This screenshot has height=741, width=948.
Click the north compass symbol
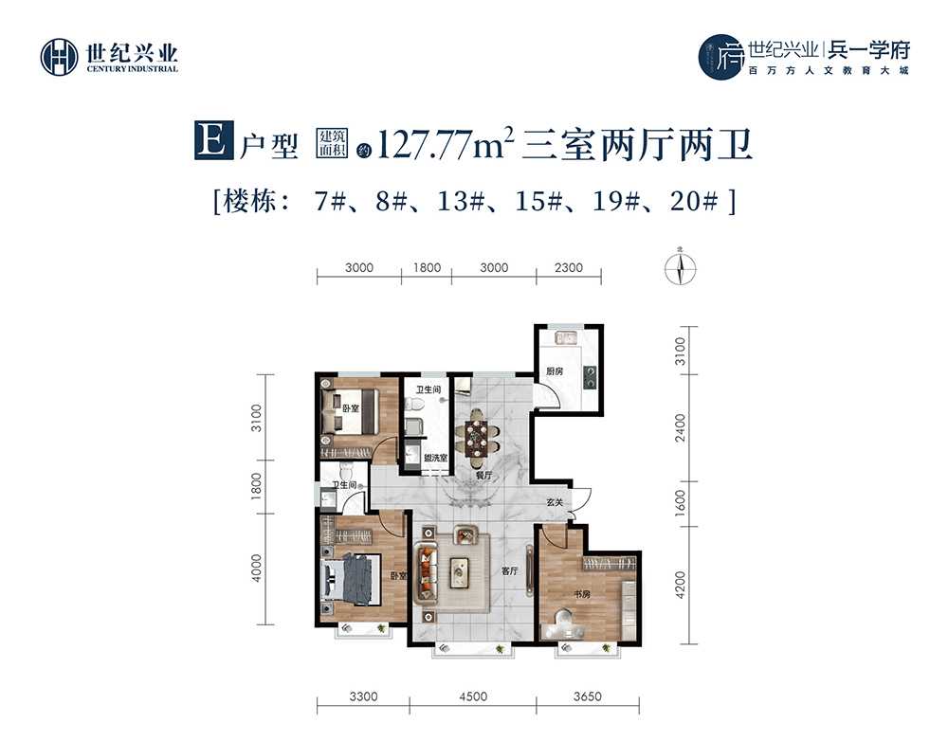tap(680, 268)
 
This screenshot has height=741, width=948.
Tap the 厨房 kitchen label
tap(555, 371)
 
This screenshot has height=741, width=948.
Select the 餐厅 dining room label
tap(483, 476)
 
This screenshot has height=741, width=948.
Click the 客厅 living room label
tap(510, 569)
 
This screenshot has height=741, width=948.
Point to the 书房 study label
tap(582, 595)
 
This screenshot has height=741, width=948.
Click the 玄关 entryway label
tap(555, 502)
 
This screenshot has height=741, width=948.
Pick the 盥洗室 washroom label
tap(435, 458)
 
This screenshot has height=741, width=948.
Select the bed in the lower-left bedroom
tap(350, 580)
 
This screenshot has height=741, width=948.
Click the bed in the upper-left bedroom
tap(350, 410)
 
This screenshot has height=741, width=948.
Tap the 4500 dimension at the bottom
tap(473, 696)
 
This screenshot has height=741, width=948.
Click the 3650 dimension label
tap(587, 696)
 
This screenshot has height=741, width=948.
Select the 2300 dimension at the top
tap(568, 267)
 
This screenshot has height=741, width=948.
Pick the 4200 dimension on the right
tap(681, 585)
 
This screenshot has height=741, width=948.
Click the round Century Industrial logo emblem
tap(59, 58)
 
